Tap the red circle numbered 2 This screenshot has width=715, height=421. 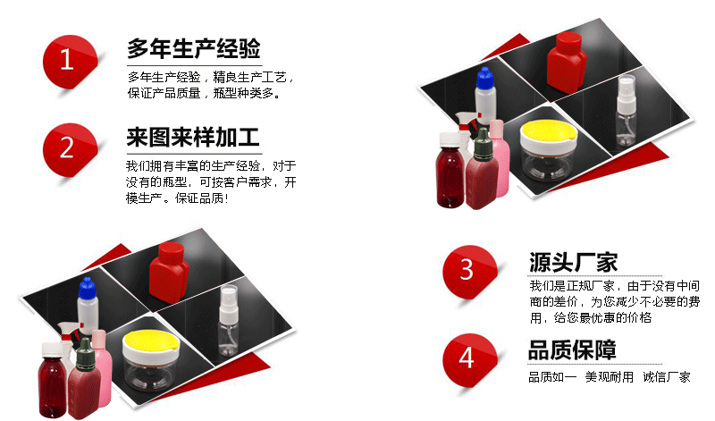(x=70, y=149)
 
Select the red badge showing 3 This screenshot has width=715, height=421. (x=470, y=272)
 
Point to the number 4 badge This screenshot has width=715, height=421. (x=470, y=360)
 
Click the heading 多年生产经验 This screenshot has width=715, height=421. (x=194, y=48)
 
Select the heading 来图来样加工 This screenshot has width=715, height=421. (x=193, y=137)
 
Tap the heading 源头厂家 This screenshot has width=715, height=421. (x=573, y=262)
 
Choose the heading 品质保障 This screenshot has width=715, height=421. (x=572, y=350)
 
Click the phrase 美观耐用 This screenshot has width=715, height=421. (x=610, y=377)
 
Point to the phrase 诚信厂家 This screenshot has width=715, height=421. (x=667, y=377)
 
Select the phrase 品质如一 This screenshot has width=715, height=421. (x=552, y=377)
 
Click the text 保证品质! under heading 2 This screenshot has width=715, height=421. (x=202, y=198)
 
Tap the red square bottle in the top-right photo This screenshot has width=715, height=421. (x=567, y=63)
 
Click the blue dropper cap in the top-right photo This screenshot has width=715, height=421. (x=485, y=78)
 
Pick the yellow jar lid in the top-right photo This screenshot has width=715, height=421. (x=549, y=131)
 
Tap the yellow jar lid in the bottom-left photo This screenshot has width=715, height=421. (x=151, y=342)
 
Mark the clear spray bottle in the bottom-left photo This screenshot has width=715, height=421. (x=228, y=321)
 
